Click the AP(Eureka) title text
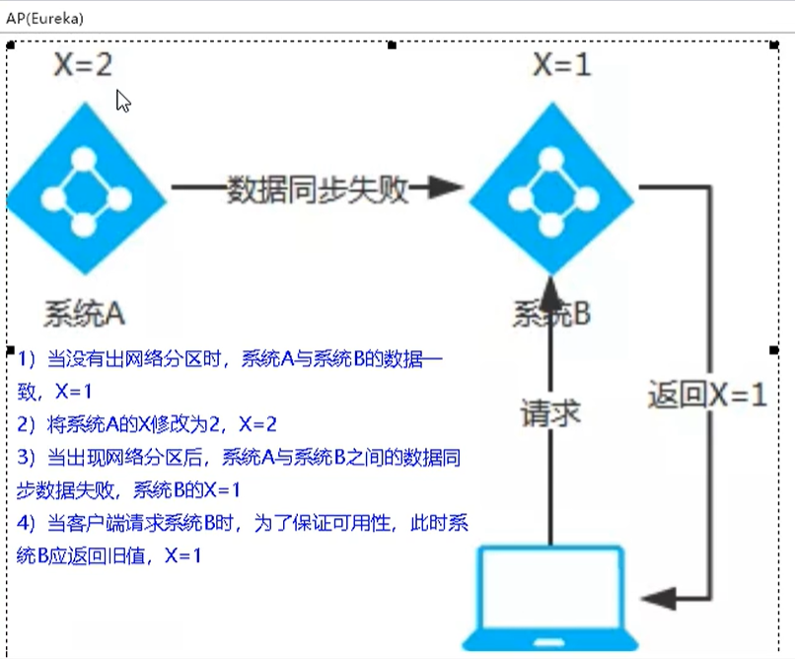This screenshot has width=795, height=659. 44,18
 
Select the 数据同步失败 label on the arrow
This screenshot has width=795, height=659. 318,188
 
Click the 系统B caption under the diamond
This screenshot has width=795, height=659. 551,314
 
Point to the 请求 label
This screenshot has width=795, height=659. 550,413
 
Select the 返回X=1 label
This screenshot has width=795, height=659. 706,395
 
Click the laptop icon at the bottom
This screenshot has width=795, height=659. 550,597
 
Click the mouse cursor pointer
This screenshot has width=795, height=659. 122,100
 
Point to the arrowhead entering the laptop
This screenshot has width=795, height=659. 657,597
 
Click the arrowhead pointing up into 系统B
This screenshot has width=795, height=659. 551,286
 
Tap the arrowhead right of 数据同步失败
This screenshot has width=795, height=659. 446,188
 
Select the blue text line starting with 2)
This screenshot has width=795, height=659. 148,425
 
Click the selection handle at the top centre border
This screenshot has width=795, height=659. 393,44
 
